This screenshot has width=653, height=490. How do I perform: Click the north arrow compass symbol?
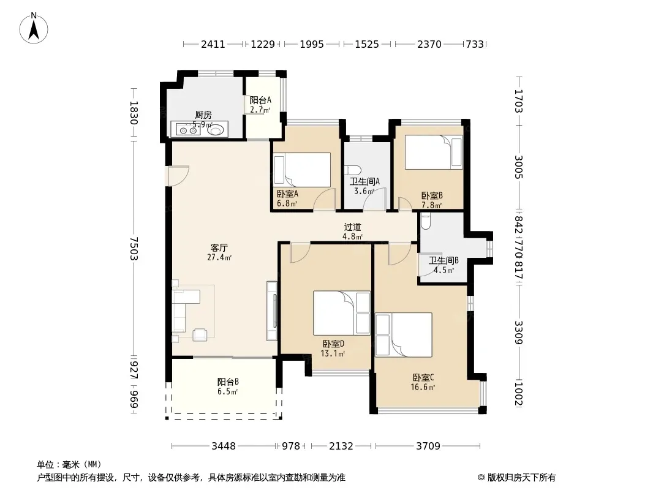click(34, 28)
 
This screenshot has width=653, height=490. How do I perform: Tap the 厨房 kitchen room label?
click(203, 115)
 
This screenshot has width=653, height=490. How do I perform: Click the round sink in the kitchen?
click(217, 129)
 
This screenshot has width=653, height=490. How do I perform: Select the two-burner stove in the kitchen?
click(188, 129)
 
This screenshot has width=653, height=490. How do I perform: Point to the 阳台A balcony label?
click(260, 100)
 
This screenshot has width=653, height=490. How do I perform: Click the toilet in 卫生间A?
click(353, 171)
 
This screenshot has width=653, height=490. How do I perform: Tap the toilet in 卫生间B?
click(426, 222)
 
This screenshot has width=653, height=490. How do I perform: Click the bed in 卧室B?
click(434, 152)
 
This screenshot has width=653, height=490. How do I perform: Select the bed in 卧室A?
click(302, 170)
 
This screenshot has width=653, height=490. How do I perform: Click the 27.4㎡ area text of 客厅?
click(219, 257)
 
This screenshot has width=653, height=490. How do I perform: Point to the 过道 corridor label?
click(352, 227)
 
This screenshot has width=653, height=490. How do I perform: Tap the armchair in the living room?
click(200, 334)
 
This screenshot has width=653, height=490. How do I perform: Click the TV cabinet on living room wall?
click(272, 311)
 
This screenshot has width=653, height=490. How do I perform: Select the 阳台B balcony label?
click(228, 382)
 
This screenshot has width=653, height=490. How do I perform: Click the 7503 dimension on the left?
click(134, 249)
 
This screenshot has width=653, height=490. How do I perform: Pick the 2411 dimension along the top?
click(213, 44)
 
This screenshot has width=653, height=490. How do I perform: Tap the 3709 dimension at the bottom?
click(428, 447)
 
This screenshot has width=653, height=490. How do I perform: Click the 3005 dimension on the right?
click(518, 167)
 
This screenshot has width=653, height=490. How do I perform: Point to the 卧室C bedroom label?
click(423, 377)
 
